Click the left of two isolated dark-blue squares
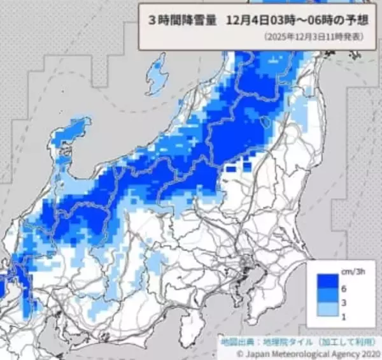(230, 169)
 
